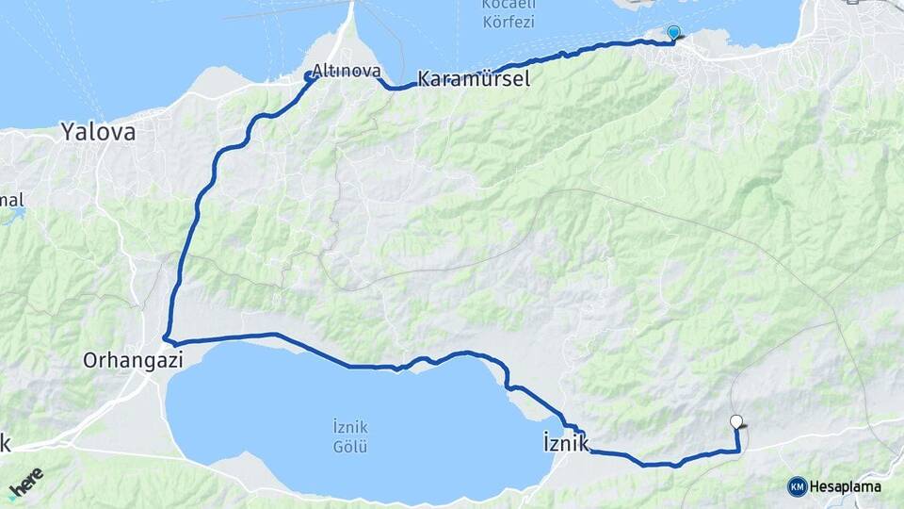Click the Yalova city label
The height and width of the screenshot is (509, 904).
(x=98, y=132)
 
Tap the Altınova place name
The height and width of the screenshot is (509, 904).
(x=346, y=72)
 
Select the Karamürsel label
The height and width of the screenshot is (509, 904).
(x=473, y=79)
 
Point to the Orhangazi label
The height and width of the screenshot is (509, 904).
(x=131, y=359)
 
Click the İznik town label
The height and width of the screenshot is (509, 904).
(x=566, y=441)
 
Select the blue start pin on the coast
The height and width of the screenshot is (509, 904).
(x=673, y=33)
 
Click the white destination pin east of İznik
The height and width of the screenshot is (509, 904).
(x=736, y=422)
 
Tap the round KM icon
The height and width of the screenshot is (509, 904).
(x=797, y=486)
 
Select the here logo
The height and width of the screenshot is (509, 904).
(x=25, y=484)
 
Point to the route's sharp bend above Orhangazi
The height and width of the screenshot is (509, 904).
(x=166, y=337)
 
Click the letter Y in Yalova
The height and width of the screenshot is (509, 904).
(x=68, y=132)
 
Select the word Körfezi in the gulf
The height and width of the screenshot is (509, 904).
(x=508, y=21)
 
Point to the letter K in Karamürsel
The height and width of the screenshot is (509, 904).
(x=424, y=79)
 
